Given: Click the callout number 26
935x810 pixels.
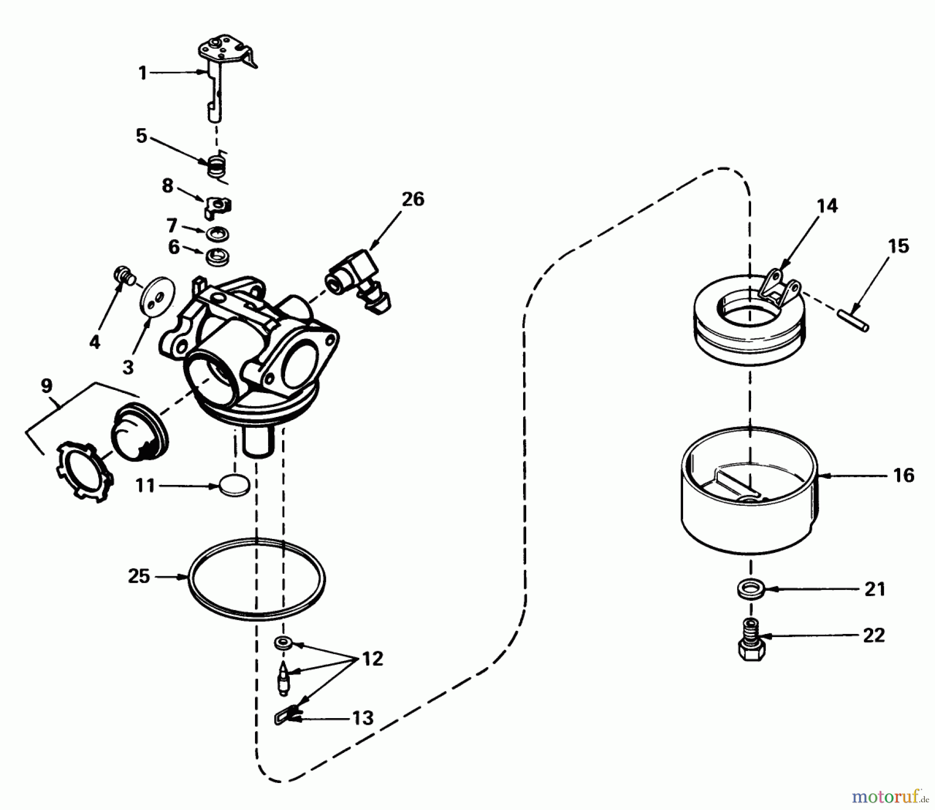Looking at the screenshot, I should tap(413, 199).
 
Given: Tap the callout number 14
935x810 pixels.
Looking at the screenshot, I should tap(827, 206).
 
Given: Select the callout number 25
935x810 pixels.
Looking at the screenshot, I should tap(139, 576).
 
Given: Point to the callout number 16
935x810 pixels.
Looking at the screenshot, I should tap(904, 475).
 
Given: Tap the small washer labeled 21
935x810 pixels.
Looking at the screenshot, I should tap(750, 589).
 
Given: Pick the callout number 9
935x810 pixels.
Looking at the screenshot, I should tap(46, 385).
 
